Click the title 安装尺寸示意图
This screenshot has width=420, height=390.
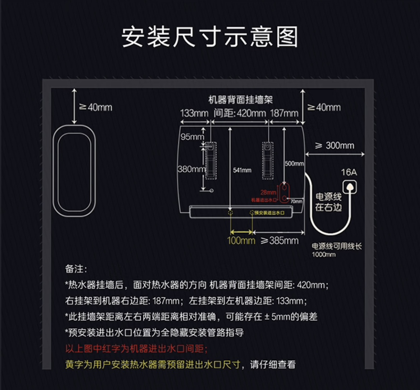(x=210, y=37)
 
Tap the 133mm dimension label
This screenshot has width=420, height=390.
(x=194, y=113)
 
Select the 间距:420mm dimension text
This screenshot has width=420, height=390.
(x=240, y=113)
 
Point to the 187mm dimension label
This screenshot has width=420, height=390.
(x=284, y=113)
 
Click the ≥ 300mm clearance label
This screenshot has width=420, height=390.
(x=334, y=146)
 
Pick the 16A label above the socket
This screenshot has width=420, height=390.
(x=349, y=173)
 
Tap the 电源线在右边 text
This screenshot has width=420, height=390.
(x=328, y=202)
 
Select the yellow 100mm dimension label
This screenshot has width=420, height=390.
(x=241, y=240)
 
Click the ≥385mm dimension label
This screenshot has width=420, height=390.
(x=280, y=240)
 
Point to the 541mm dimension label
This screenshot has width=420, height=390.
(x=242, y=170)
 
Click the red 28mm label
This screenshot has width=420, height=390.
(x=268, y=193)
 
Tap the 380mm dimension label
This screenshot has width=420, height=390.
(x=191, y=169)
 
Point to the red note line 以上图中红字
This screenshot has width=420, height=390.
(x=136, y=348)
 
